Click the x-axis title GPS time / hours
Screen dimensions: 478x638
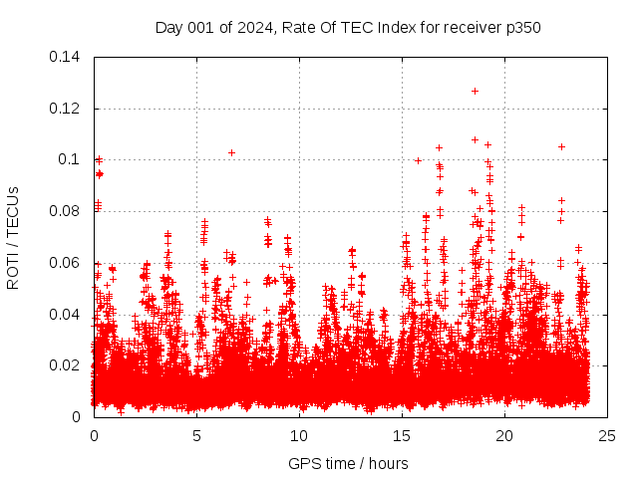click(348, 463)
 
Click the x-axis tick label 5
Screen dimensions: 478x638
click(196, 436)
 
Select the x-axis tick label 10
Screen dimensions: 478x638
click(299, 436)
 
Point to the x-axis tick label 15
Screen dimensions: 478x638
click(402, 436)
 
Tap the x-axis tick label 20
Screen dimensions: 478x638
click(504, 436)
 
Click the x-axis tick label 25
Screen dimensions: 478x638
click(607, 436)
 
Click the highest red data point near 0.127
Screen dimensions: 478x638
click(475, 91)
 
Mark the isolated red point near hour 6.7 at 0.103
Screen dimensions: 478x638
click(231, 152)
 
